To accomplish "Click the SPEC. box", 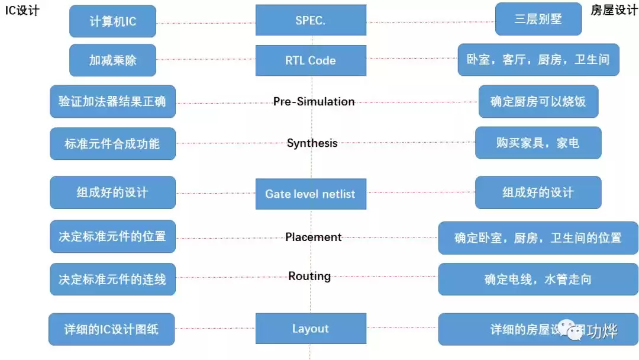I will pyautogui.click(x=311, y=21).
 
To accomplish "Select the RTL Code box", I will pyautogui.click(x=311, y=60).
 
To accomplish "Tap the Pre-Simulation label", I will pyautogui.click(x=314, y=102).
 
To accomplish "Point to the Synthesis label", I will pyautogui.click(x=312, y=143).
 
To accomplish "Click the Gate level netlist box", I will pyautogui.click(x=311, y=194).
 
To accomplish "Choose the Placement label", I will pyautogui.click(x=313, y=237).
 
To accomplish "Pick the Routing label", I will pyautogui.click(x=309, y=276).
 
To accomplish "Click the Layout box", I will pyautogui.click(x=311, y=329).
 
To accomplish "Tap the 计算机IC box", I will pyautogui.click(x=112, y=21).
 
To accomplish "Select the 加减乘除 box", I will pyautogui.click(x=112, y=60).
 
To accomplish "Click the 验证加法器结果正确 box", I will pyautogui.click(x=112, y=101).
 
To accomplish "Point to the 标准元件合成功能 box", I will pyautogui.click(x=112, y=143).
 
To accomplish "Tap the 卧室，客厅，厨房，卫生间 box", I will pyautogui.click(x=538, y=60).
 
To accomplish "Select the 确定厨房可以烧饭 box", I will pyautogui.click(x=538, y=101).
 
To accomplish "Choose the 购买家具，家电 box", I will pyautogui.click(x=538, y=143).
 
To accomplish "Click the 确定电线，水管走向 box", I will pyautogui.click(x=538, y=279).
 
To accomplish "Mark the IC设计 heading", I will pyautogui.click(x=22, y=11).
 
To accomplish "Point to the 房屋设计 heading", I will pyautogui.click(x=614, y=11).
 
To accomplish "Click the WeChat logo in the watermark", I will pyautogui.click(x=570, y=330).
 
